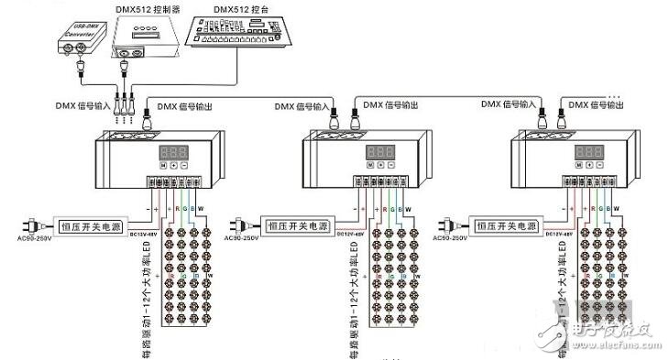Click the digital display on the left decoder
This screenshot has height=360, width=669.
(175, 152)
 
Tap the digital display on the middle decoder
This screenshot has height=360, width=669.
(379, 152)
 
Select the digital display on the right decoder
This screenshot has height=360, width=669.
(587, 152)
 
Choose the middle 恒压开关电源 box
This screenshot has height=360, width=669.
(297, 225)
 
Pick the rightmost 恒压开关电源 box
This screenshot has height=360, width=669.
(505, 225)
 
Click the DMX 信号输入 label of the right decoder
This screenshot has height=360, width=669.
(509, 104)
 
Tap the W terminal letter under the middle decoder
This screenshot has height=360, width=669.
(408, 209)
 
